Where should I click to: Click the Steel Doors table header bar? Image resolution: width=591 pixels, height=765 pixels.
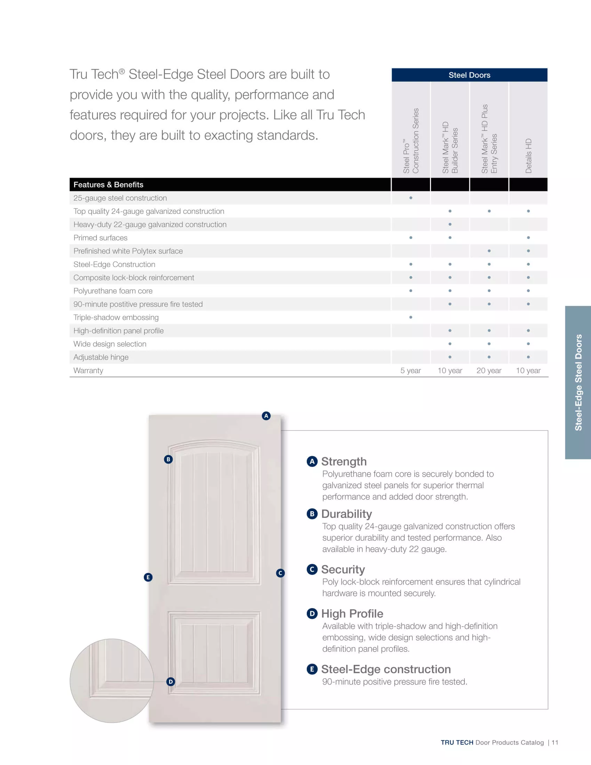pos(469,75)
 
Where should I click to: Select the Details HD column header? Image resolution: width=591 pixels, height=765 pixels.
pos(528,155)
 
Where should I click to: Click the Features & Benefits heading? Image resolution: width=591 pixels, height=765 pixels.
pos(108,185)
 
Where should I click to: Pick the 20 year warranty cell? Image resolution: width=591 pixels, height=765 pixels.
pos(489,371)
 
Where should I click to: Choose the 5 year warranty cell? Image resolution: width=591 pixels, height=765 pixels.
pos(410,371)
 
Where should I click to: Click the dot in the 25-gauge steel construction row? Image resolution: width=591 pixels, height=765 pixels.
pos(410,198)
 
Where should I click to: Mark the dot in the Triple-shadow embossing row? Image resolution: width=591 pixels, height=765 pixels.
pos(410,317)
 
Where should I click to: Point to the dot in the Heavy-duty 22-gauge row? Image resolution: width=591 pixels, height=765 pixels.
pos(450,225)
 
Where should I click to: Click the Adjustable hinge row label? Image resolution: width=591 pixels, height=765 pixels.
pos(101,357)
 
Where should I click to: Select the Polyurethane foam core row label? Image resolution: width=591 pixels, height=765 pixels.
pos(113,291)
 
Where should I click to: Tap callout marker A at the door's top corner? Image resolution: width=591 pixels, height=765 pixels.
pos(266,416)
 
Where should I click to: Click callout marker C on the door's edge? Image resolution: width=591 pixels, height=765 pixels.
pos(280,573)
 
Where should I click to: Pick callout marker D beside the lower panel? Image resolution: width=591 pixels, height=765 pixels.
pos(170,682)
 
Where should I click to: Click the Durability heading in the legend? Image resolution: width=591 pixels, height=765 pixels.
pos(346,514)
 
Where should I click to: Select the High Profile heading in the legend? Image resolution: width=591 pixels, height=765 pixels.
pos(352,614)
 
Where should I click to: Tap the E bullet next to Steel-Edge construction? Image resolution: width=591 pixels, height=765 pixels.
pos(312,669)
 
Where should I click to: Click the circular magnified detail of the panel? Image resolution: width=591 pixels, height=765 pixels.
pos(111,680)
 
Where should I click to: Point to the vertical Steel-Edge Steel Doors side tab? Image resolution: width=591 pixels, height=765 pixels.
pos(578,382)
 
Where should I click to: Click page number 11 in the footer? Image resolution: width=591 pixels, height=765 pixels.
pos(555,743)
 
